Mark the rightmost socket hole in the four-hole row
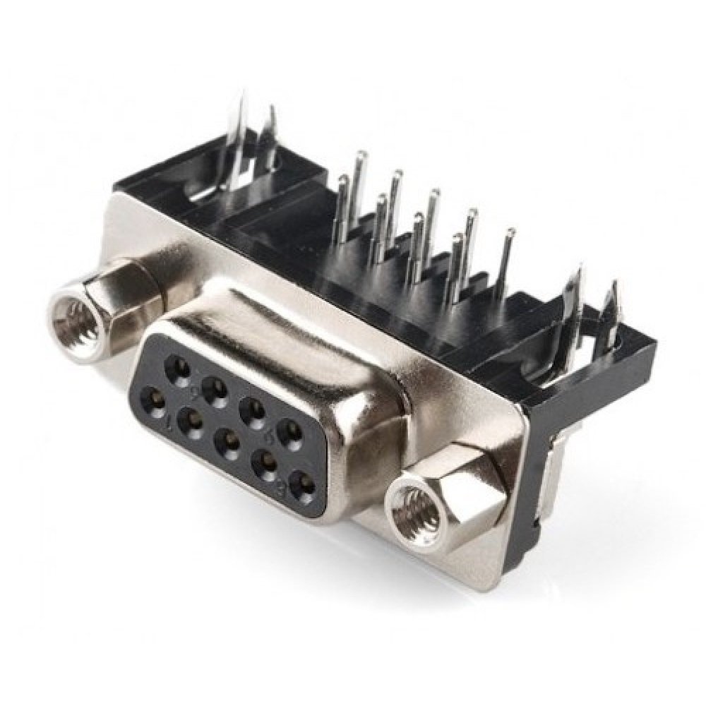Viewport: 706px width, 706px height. [287, 431]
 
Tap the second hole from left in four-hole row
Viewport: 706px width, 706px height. [212, 389]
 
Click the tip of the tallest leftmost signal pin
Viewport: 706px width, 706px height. [361, 154]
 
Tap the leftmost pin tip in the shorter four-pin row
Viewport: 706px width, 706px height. [344, 181]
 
